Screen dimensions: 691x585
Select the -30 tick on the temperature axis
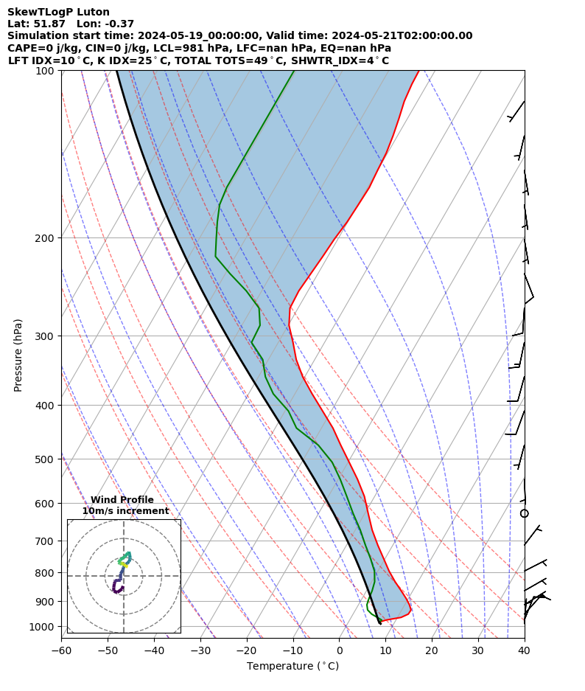(200, 650)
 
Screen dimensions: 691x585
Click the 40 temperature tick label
(524, 650)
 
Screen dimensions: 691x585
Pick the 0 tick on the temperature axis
(340, 650)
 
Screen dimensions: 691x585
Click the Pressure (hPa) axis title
(18, 355)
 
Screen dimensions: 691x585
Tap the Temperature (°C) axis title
(292, 667)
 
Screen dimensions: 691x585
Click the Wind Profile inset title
(122, 500)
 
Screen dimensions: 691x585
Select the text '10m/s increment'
(125, 511)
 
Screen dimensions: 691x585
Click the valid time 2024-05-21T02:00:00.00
(402, 35)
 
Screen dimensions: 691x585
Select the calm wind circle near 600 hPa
(525, 513)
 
